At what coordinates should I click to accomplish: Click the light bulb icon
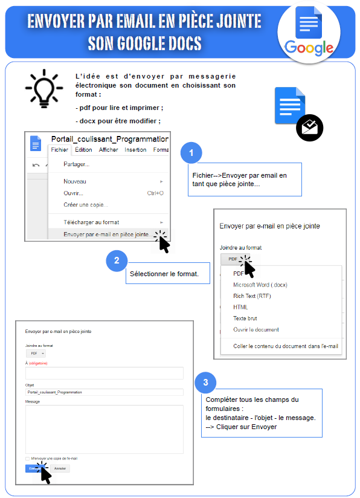coord(43,89)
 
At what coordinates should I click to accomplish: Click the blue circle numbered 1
coord(191,153)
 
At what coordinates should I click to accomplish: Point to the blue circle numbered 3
coord(206,381)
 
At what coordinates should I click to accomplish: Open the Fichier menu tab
coord(60,150)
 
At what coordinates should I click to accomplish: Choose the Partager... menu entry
coord(77,164)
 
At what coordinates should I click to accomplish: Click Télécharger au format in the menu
coord(91,222)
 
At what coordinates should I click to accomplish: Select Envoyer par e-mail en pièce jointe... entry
coord(106,234)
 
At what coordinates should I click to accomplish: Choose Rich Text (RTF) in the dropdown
coord(251,296)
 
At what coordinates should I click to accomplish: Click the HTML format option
coord(240,307)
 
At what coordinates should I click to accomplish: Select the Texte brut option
coord(245,319)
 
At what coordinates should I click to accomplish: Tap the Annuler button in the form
coord(59,468)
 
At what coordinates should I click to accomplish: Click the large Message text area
coord(104,428)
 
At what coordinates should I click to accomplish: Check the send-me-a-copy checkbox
coord(27,459)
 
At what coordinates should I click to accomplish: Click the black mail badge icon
coord(310,128)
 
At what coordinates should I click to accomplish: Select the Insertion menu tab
coord(135,150)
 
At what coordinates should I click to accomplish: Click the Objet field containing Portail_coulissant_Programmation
coord(104,392)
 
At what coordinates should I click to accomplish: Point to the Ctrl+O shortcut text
coord(155,193)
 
